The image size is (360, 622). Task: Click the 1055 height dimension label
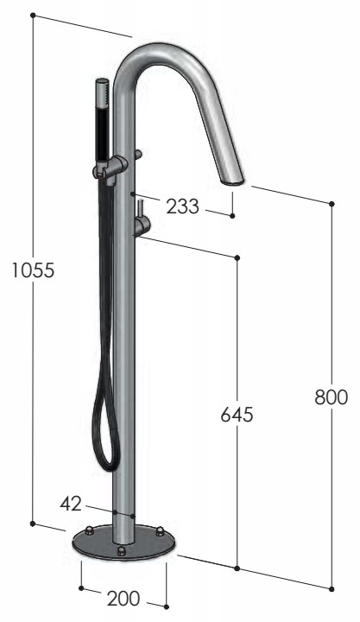click(33, 270)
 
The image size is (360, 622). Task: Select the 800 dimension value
click(331, 397)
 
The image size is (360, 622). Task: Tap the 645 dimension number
click(237, 415)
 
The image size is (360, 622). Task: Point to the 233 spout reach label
click(182, 206)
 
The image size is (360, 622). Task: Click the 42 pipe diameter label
click(71, 504)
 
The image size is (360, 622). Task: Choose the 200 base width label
click(123, 599)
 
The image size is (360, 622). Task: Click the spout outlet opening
click(234, 182)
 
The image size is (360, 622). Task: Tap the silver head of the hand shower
click(102, 93)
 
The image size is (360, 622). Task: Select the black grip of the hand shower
click(103, 135)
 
